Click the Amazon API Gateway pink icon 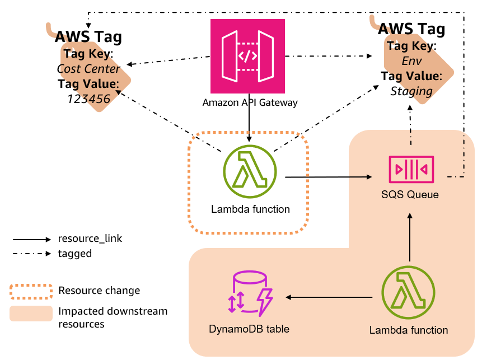(247, 56)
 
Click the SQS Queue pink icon (411, 169)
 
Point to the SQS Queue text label (411, 195)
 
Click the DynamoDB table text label (249, 329)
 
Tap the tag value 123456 (88, 99)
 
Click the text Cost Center (88, 69)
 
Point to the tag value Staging (411, 91)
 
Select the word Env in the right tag (411, 61)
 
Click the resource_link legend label (90, 239)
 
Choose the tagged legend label (75, 254)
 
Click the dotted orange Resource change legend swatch (31, 291)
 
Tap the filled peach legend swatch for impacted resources (31, 314)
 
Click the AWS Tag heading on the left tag (88, 38)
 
